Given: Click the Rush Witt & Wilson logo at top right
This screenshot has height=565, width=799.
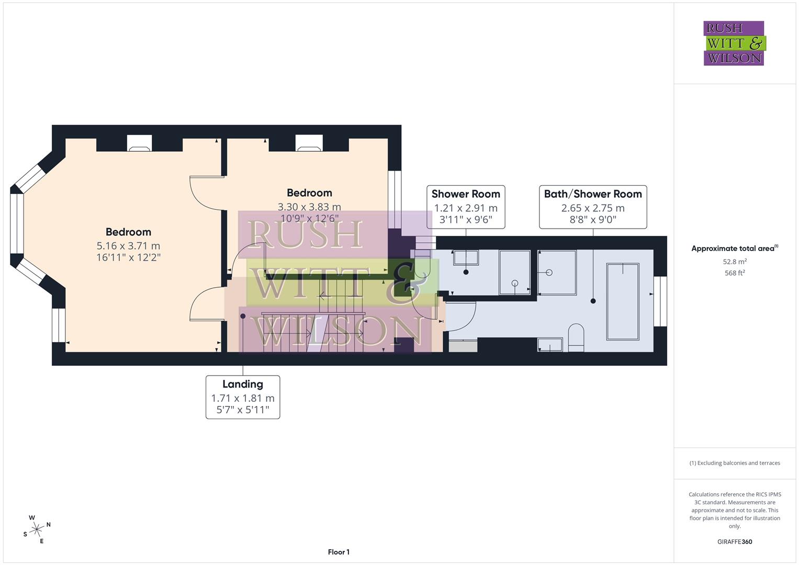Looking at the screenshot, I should click(734, 43).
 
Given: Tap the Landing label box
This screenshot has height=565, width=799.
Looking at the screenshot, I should click(243, 397).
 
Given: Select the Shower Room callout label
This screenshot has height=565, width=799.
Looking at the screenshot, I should click(466, 207).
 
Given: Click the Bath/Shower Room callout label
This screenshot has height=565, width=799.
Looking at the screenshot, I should click(593, 207).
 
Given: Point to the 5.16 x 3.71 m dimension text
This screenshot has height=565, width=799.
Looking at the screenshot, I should click(128, 246).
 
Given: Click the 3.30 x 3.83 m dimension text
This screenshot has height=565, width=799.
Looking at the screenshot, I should click(309, 207).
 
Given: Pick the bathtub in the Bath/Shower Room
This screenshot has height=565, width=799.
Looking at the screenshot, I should click(623, 301).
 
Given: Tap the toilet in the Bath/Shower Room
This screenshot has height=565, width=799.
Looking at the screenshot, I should click(576, 335).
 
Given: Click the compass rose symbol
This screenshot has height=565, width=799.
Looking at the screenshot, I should click(37, 529).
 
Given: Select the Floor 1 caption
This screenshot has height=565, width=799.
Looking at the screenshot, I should click(339, 552).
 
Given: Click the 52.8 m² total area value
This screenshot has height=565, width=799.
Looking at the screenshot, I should click(735, 262).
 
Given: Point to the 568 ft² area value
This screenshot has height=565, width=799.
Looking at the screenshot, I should click(735, 273).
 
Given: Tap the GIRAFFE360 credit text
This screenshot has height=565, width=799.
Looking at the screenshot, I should click(735, 541).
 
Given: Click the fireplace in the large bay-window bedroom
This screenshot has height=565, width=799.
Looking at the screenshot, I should click(140, 144).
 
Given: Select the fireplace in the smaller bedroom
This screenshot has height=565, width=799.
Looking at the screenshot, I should click(309, 144).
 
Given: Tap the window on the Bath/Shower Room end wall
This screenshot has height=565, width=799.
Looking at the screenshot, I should click(660, 301).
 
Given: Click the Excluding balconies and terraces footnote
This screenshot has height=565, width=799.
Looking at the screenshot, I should click(735, 463).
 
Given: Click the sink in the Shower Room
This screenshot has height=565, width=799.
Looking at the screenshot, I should click(466, 257).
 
